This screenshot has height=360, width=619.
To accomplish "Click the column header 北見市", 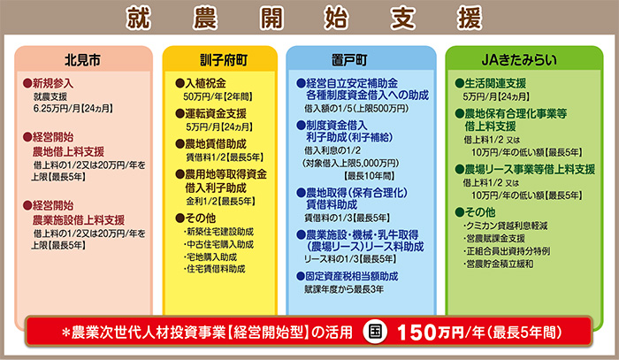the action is coord(82,60).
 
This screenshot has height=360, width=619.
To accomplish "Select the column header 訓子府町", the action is coord(224,60).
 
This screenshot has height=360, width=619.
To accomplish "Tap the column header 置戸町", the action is coord(349,60).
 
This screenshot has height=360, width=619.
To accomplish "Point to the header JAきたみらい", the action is coord(519,60).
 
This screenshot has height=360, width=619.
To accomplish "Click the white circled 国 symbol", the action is coord(375,332).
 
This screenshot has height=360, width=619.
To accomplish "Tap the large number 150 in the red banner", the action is coord(416,333).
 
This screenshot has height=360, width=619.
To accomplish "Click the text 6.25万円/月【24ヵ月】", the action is coord(73,109).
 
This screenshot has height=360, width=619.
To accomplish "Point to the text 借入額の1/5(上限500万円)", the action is coord(356,109).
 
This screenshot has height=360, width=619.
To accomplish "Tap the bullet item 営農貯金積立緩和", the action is coord(498,264).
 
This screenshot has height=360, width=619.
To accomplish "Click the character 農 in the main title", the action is coord(205,19).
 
